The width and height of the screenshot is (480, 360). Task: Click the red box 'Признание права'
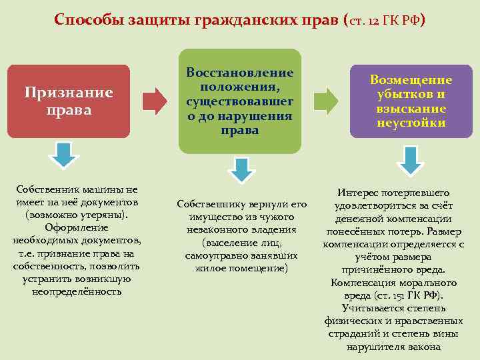[x=68, y=100]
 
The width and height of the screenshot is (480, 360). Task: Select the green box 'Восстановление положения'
[x=239, y=100]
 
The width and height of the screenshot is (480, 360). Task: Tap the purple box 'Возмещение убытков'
[x=411, y=100]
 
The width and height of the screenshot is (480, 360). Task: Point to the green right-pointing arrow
[x=325, y=100]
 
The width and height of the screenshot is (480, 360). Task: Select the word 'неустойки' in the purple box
[x=411, y=123]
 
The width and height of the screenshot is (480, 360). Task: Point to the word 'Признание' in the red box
[x=69, y=93]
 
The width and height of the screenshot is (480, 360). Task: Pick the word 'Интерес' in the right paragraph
[x=359, y=193]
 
